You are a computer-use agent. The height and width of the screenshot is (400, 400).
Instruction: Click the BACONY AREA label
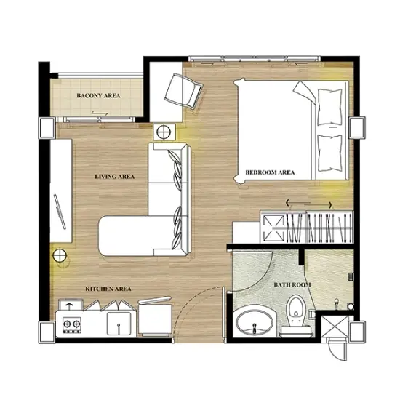(x=98, y=96)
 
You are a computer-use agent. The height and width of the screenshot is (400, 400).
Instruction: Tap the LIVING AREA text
(x=114, y=177)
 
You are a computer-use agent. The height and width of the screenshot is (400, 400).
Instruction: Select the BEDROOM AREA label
(x=270, y=172)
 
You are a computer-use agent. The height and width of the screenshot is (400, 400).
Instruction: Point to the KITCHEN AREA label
(x=108, y=289)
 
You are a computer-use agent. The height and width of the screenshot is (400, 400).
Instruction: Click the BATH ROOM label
(x=292, y=284)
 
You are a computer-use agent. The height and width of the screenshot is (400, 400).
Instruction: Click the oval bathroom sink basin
(x=255, y=323)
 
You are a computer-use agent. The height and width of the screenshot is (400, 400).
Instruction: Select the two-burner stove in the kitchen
(x=72, y=325)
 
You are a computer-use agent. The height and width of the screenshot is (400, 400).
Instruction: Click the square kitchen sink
(x=119, y=324)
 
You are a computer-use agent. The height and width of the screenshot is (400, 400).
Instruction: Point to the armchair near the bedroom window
(x=183, y=91)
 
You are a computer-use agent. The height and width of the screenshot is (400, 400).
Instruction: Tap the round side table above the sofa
(x=164, y=132)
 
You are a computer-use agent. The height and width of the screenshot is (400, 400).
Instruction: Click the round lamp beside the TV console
(x=60, y=255)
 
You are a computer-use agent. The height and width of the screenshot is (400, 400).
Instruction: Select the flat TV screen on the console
(x=60, y=212)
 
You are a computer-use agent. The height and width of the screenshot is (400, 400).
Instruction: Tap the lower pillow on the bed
(x=329, y=153)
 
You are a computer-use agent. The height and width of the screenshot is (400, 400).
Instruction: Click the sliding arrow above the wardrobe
(x=308, y=204)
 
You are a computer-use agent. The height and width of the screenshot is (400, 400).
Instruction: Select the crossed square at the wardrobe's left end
(x=273, y=228)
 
